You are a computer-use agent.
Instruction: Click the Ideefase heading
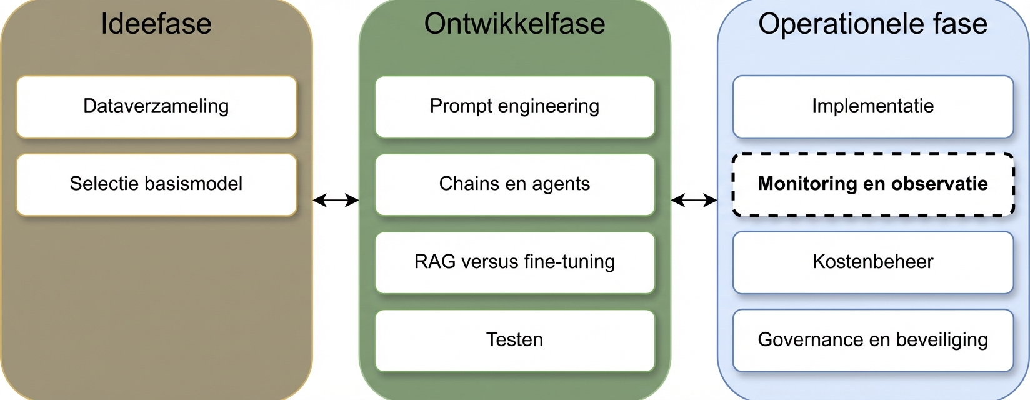point(156,24)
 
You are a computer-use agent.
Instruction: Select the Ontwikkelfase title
point(514,24)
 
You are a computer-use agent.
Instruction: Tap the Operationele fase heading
point(872,24)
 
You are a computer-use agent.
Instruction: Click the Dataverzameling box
point(156,107)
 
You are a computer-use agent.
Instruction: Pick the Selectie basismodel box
point(156,185)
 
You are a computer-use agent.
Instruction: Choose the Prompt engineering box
point(514,107)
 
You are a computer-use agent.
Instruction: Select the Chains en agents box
point(514,185)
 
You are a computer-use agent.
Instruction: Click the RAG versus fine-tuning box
point(514,262)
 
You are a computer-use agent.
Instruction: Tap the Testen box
point(514,341)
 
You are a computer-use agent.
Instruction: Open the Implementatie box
point(872,107)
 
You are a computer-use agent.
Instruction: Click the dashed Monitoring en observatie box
point(872,184)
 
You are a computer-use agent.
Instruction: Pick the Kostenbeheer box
point(872,262)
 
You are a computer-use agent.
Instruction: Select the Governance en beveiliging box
point(872,341)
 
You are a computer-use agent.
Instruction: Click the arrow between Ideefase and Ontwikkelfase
point(336,200)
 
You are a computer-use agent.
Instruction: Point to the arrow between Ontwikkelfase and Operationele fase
point(694,200)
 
